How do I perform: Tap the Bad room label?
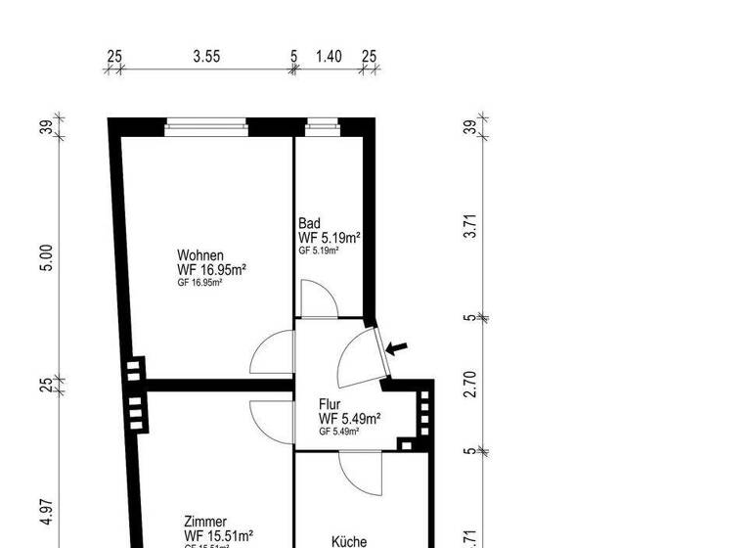pyautogui.click(x=308, y=223)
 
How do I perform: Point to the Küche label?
pyautogui.click(x=348, y=540)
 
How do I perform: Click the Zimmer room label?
pyautogui.click(x=205, y=522)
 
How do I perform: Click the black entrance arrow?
pyautogui.click(x=398, y=346)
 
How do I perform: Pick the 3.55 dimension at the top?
pyautogui.click(x=205, y=57)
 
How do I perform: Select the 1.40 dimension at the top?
pyautogui.click(x=330, y=57)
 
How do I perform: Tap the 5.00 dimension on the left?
pyautogui.click(x=46, y=259)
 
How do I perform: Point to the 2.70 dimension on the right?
pyautogui.click(x=470, y=385)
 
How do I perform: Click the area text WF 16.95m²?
pyautogui.click(x=210, y=269)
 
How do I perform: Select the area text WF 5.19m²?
pyautogui.click(x=330, y=238)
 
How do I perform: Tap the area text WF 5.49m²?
pyautogui.click(x=349, y=419)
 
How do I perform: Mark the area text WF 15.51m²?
pyautogui.click(x=219, y=535)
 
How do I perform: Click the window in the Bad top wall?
pyautogui.click(x=322, y=124)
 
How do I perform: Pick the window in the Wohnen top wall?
pyautogui.click(x=205, y=124)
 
